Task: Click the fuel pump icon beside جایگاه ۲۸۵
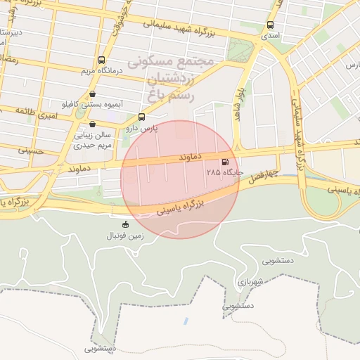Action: click(225, 161)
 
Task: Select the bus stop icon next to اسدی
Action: click(271, 25)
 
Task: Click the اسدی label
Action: click(271, 34)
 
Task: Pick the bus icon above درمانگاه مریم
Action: click(102, 60)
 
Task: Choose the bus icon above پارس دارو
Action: click(142, 117)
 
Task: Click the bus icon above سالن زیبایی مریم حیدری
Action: click(92, 124)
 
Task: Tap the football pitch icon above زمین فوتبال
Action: click(126, 225)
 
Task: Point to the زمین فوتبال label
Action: click(126, 236)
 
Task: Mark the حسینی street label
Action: click(30, 150)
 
